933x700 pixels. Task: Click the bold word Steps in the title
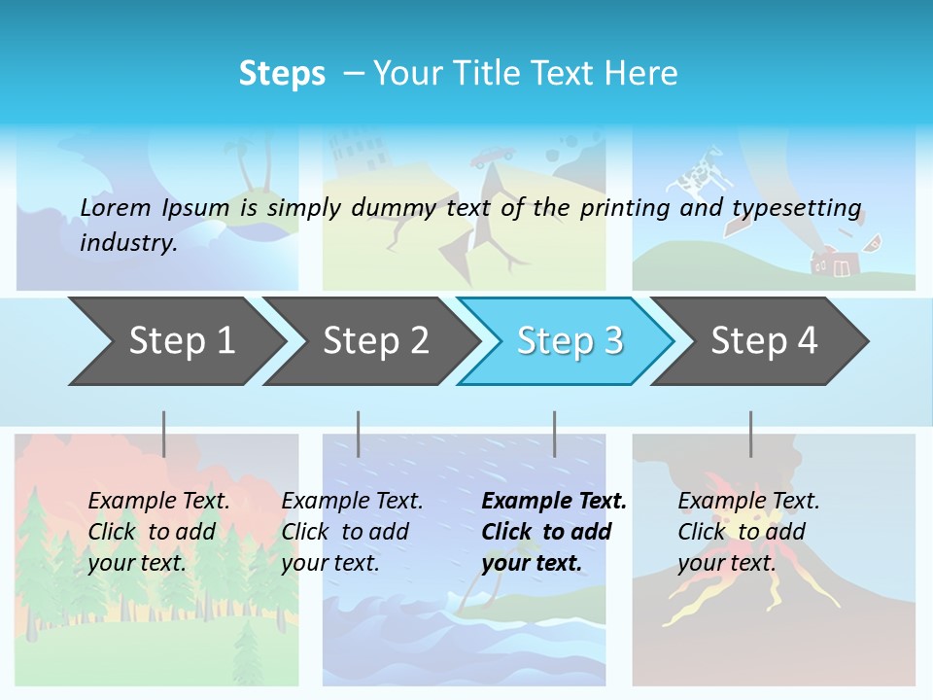[x=282, y=74]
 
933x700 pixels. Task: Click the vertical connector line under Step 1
[x=164, y=434]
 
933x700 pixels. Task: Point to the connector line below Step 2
[x=359, y=434]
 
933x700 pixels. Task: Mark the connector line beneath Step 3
[x=554, y=434]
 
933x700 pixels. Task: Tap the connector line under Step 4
[x=750, y=434]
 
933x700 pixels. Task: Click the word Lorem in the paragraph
[x=116, y=207]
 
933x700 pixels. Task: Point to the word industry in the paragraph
[x=128, y=243]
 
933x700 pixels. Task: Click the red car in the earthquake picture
[x=494, y=156]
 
